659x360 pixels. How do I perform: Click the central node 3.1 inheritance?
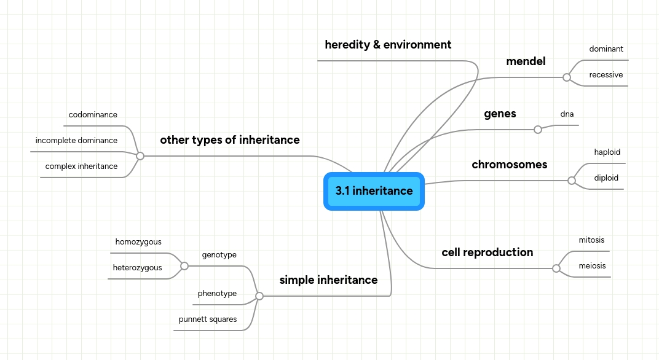374,191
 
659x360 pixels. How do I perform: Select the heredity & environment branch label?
388,45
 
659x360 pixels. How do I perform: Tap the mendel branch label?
526,61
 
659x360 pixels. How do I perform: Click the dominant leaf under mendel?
606,49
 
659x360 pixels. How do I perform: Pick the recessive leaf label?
606,75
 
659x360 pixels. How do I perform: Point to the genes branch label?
500,114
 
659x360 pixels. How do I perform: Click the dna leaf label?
567,114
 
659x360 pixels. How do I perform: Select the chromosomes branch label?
509,165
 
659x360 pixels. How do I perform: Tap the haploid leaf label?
607,152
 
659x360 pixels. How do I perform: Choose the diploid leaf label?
606,178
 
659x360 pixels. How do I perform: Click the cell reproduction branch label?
487,252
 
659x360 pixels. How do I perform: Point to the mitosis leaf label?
591,240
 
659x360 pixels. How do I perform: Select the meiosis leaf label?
592,266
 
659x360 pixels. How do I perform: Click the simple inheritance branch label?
328,280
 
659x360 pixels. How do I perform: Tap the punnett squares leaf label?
208,319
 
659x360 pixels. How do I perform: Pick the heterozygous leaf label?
138,268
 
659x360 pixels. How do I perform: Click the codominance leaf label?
93,115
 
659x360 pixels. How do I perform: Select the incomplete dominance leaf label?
76,141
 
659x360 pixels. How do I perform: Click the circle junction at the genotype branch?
184,266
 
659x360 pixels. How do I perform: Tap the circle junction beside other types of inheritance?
140,156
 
